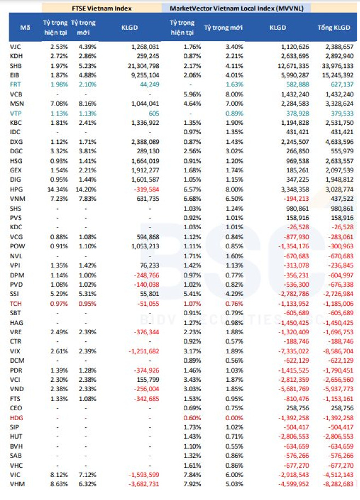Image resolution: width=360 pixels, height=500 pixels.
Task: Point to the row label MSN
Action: point(16,103)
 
